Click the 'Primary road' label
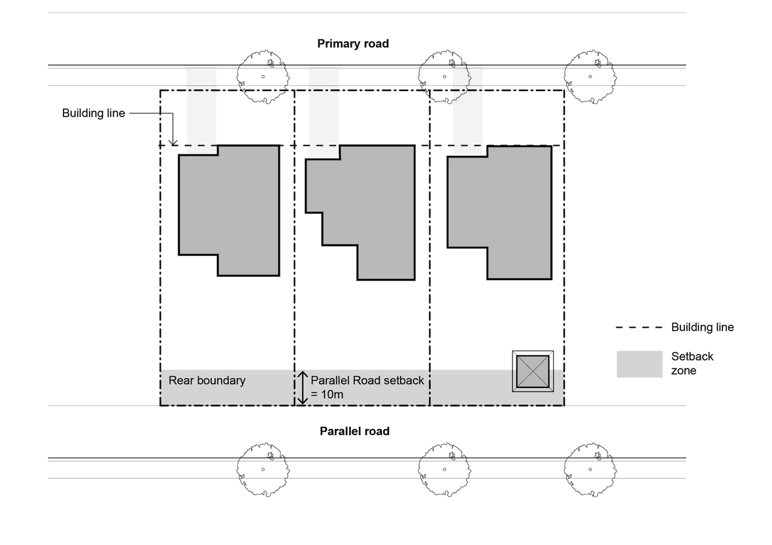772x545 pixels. (x=353, y=44)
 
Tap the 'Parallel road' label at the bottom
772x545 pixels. (x=354, y=431)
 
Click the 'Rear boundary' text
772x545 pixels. (x=207, y=380)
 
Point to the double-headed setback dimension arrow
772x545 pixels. (x=303, y=388)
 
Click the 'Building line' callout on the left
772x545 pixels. (x=93, y=113)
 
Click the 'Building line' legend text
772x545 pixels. (x=702, y=327)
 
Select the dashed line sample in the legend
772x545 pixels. (x=639, y=327)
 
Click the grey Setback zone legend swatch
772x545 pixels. (x=639, y=364)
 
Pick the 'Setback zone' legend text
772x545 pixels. (x=692, y=363)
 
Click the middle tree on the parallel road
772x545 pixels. (x=445, y=468)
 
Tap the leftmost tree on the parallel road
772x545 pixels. (x=263, y=468)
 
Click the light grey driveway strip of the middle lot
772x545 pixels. (x=324, y=111)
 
